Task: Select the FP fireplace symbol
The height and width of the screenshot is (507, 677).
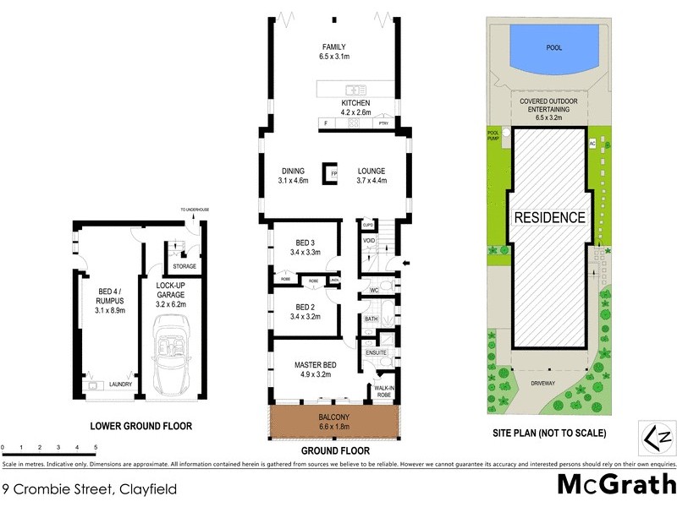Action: point(334,174)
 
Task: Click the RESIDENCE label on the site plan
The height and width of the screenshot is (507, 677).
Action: point(549,217)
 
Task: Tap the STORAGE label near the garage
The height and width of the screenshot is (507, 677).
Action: point(184,266)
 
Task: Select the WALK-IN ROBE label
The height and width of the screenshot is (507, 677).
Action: point(384,391)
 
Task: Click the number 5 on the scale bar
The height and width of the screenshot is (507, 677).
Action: point(96,446)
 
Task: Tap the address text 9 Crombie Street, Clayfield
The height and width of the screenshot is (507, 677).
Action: point(80,488)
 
